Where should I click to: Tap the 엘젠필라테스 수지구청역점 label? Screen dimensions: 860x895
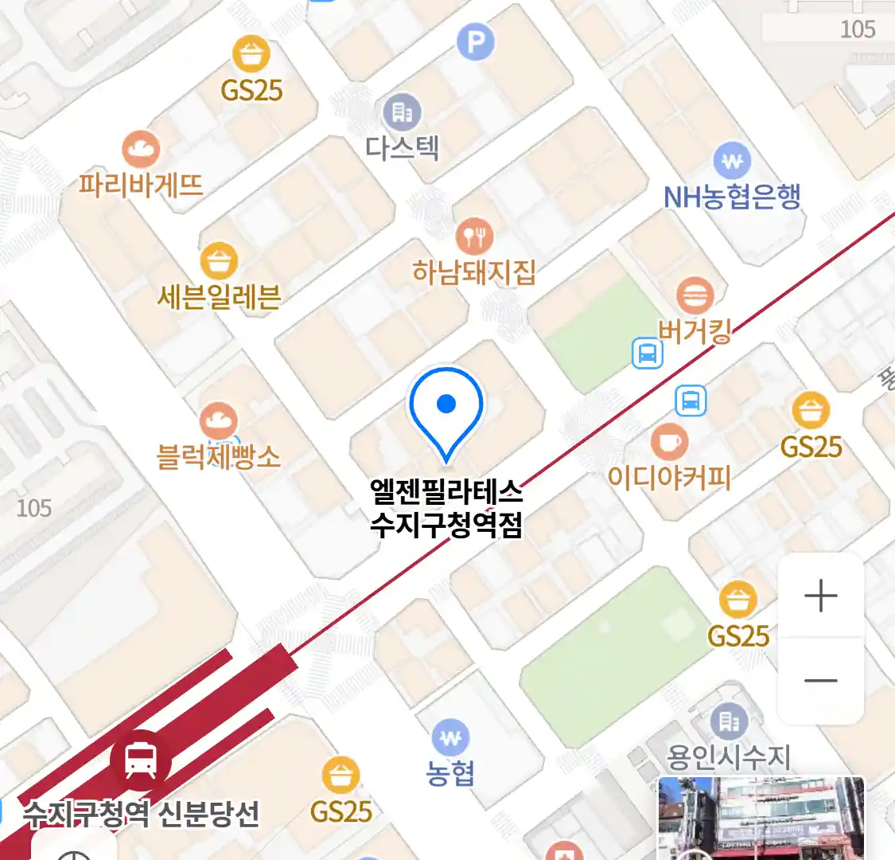446,508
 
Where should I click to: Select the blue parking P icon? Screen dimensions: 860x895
476,42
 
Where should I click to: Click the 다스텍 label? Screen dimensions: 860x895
402,147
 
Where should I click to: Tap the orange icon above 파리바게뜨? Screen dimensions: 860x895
141,149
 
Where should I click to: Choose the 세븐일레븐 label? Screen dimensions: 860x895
219,296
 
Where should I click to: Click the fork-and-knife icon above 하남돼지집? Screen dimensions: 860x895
474,236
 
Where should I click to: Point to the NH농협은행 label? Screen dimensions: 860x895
732,197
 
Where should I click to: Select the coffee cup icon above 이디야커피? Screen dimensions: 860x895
669,441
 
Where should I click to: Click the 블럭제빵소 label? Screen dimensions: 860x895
219,457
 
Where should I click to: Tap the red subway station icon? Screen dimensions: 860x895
141,760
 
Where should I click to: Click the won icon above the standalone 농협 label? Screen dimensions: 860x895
450,738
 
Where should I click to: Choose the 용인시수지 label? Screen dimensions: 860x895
729,756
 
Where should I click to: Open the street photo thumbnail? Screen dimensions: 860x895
761,818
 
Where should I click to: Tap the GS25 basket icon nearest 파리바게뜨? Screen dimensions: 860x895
251,55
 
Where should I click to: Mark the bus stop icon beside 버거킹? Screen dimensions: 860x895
648,353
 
